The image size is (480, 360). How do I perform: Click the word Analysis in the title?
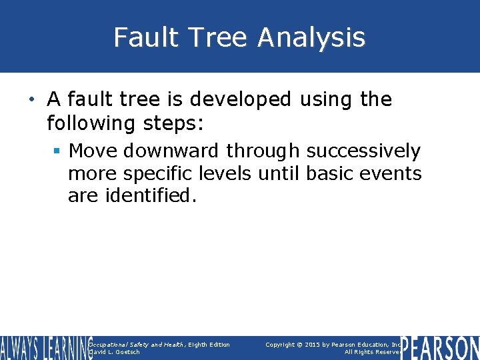(x=311, y=37)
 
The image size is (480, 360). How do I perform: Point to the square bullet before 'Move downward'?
(x=58, y=151)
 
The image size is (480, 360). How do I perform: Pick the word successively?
(x=363, y=151)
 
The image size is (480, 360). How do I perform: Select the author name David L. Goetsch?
(x=115, y=352)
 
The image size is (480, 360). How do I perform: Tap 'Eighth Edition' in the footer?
(x=209, y=345)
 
